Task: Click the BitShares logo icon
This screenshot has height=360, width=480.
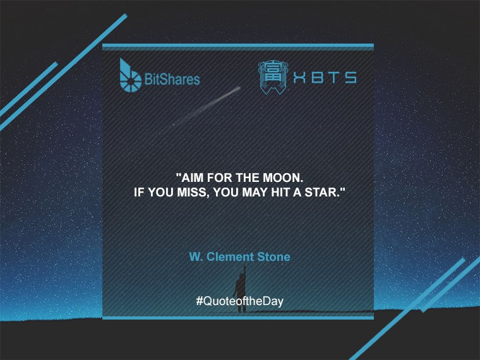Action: click(130, 76)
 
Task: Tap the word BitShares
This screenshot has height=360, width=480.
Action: click(172, 79)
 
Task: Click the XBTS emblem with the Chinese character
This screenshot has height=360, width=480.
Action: click(273, 77)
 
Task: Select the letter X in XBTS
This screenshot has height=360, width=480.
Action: click(299, 78)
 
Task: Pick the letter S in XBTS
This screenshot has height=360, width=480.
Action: click(351, 78)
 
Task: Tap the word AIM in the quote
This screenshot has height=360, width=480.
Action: click(191, 177)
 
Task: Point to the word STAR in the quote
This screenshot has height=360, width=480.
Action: click(325, 192)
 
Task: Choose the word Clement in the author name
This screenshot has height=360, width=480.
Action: click(230, 257)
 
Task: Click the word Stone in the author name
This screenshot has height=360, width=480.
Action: click(273, 257)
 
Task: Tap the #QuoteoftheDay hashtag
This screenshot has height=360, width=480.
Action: click(240, 301)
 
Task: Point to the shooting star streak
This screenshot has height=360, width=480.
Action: click(207, 106)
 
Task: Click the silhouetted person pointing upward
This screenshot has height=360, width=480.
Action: click(241, 289)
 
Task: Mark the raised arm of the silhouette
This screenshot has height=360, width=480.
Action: click(244, 272)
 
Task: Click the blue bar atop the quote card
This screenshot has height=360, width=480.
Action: click(238, 45)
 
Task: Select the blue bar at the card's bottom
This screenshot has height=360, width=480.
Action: click(238, 318)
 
